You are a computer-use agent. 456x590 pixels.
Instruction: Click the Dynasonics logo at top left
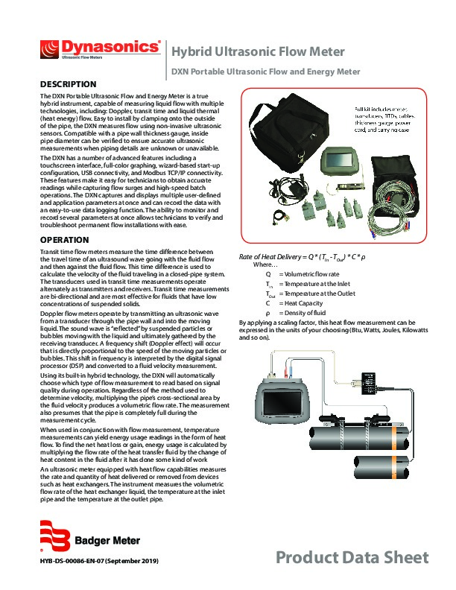click(101, 49)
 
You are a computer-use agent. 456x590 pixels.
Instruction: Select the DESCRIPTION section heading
click(68, 84)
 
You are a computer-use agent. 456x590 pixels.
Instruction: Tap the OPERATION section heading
click(65, 240)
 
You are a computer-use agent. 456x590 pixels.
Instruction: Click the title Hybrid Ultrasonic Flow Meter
click(258, 52)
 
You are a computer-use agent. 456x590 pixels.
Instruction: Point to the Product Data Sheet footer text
click(352, 557)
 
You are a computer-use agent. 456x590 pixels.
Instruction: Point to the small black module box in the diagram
click(370, 384)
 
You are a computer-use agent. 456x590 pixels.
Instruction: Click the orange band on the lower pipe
click(394, 466)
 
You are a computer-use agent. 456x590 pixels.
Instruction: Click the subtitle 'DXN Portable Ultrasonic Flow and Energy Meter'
click(265, 72)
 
